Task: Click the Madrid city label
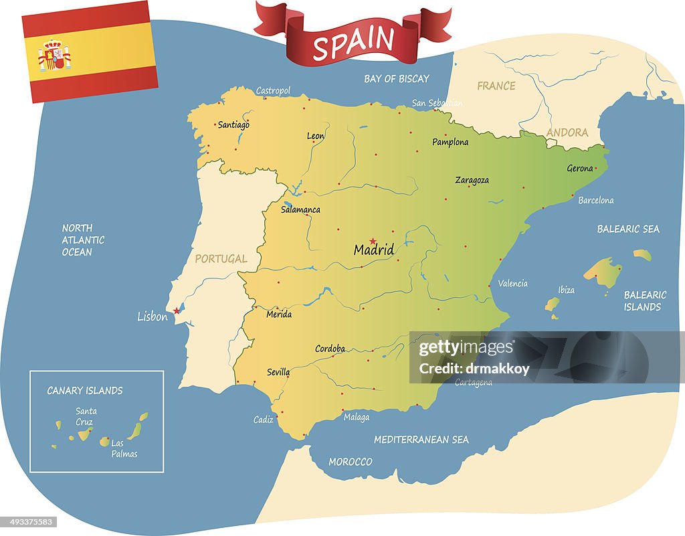373,250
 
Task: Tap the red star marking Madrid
373,241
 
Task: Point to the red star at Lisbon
177,310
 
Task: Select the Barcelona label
595,200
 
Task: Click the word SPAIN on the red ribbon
353,43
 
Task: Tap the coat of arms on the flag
54,55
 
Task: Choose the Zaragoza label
472,180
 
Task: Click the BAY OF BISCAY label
396,79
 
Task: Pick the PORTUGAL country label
221,258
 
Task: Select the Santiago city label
233,124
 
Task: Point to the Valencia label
512,283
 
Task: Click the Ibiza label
566,290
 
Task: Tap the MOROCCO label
350,462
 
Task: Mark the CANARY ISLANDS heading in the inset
84,390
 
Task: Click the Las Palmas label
124,448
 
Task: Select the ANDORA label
567,132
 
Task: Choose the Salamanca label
300,209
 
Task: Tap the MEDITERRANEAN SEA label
421,440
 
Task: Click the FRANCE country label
496,86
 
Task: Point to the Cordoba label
330,349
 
